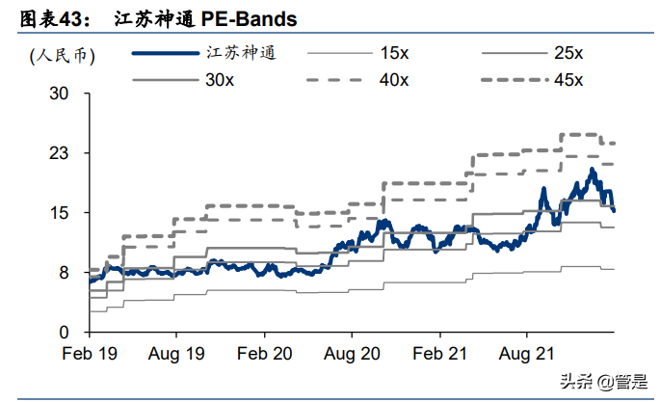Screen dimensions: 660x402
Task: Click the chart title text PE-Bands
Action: coord(249,19)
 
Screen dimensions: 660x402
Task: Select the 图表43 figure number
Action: coord(55,19)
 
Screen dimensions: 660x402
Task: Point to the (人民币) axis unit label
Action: coord(63,55)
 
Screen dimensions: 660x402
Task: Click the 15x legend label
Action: coord(394,53)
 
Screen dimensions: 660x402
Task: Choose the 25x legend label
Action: coord(568,53)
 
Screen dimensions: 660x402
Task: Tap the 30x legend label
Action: coord(220,80)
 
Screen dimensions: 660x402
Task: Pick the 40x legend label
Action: coord(394,80)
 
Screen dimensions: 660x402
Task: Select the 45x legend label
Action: coord(568,80)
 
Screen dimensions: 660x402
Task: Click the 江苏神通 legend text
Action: coord(241,53)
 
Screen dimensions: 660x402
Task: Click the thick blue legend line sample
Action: coord(166,53)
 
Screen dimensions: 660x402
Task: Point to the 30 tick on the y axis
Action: coord(59,93)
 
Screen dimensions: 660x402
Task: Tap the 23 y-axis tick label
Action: coord(59,153)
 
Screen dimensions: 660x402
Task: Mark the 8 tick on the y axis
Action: coord(64,273)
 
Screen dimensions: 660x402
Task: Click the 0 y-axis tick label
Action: coord(64,333)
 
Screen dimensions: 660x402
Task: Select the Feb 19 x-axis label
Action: coord(90,354)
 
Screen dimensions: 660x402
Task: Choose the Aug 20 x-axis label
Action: coord(352,354)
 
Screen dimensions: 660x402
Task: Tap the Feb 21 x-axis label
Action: coord(440,354)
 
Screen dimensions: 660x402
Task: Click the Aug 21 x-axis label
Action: coord(527,354)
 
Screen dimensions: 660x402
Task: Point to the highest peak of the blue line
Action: coord(593,170)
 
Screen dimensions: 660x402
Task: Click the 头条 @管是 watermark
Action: coord(603,382)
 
